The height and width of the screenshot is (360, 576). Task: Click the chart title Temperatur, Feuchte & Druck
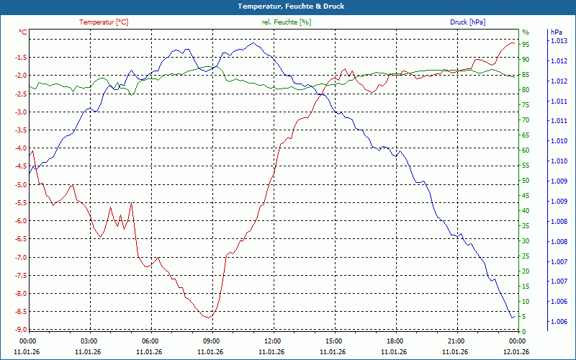tap(287, 6)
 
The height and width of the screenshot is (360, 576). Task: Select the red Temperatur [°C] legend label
tap(104, 22)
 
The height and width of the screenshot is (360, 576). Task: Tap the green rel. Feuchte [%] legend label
tap(287, 22)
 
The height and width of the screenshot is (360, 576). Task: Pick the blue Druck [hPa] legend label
tap(467, 22)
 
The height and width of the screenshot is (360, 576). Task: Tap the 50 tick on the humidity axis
tap(526, 181)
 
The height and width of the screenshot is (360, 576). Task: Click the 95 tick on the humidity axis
tap(526, 45)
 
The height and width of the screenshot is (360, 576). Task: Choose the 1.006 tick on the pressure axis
tap(559, 321)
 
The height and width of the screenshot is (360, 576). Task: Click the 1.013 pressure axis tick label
tap(559, 41)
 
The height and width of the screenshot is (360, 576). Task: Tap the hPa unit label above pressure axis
tap(556, 32)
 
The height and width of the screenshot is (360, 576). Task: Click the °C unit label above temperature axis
tap(23, 32)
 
